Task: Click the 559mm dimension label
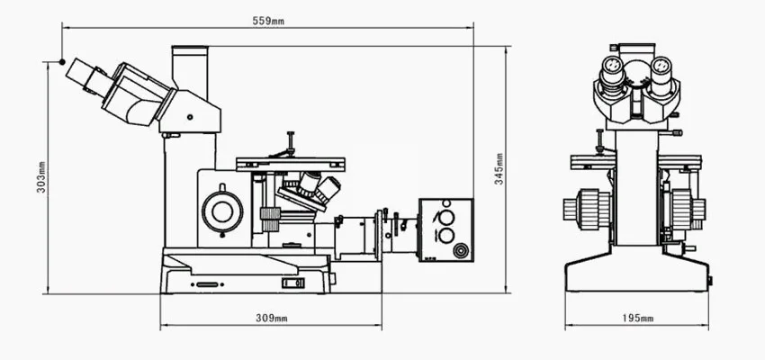268,21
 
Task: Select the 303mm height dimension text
41,177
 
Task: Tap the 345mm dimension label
499,169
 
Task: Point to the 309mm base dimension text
271,319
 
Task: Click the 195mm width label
637,319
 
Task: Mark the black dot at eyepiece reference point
62,62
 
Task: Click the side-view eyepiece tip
77,70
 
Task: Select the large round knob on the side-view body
222,211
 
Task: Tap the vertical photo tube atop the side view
190,68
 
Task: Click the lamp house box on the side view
445,229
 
